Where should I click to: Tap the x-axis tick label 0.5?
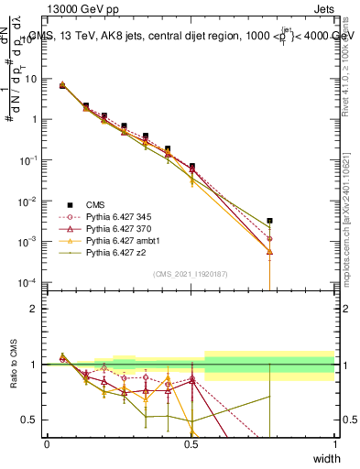pyautogui.click(x=191, y=444)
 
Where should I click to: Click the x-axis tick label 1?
pyautogui.click(x=335, y=444)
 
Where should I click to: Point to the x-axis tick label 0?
pyautogui.click(x=47, y=444)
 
